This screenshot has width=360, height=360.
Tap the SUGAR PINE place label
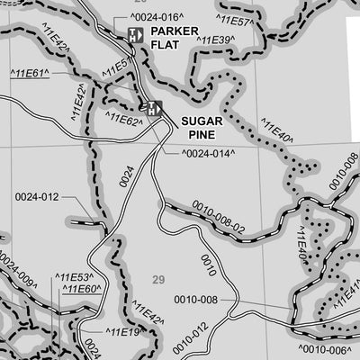(x=202, y=126)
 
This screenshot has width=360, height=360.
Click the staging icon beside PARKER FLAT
(x=134, y=34)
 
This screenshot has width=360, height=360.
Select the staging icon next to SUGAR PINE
(x=154, y=109)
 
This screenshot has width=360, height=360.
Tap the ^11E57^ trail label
(x=236, y=19)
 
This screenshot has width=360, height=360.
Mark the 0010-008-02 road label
(x=218, y=220)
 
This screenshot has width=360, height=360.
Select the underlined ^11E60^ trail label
(x=81, y=289)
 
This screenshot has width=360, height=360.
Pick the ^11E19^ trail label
(x=124, y=333)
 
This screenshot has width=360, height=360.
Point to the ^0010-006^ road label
(x=322, y=349)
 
